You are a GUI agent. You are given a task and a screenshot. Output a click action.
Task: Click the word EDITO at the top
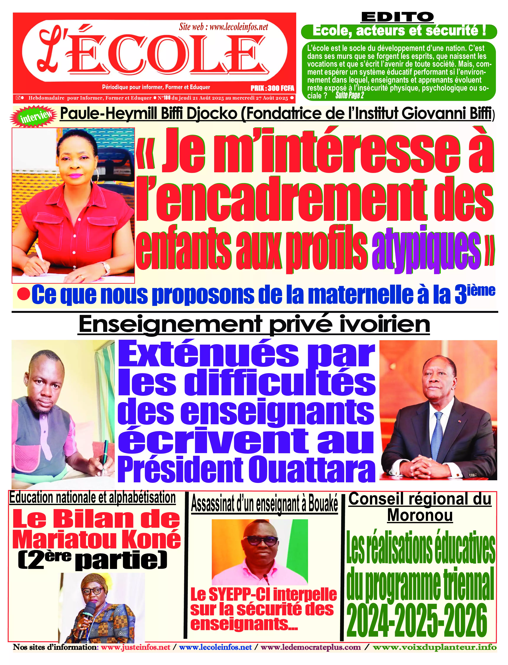[397, 17]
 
